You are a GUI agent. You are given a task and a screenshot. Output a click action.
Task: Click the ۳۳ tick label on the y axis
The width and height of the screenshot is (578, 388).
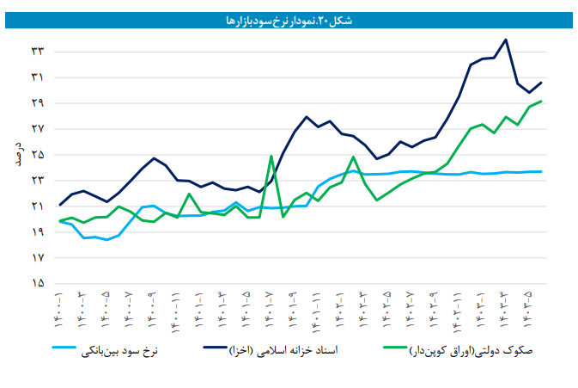coord(38,52)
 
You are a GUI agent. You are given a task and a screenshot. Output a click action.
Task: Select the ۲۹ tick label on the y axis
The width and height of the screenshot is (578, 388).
coord(38,103)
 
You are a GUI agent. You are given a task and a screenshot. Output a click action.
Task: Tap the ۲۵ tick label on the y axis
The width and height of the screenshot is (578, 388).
coord(38,155)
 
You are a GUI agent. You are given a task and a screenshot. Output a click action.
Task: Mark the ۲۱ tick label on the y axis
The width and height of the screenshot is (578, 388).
coord(38,206)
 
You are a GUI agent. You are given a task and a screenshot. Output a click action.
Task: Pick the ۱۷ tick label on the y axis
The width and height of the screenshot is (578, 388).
coord(38,257)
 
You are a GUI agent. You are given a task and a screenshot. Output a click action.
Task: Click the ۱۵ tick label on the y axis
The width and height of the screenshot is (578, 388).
coord(38,283)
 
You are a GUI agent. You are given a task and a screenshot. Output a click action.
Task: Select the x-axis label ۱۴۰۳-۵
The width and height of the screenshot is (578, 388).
coord(526,311)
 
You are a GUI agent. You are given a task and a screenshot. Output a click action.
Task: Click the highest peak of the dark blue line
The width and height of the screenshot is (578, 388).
coord(506,40)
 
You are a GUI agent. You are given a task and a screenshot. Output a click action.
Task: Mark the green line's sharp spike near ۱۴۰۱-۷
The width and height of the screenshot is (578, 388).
coord(271,156)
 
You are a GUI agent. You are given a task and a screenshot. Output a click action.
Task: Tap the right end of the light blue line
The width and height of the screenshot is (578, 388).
coord(541,171)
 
